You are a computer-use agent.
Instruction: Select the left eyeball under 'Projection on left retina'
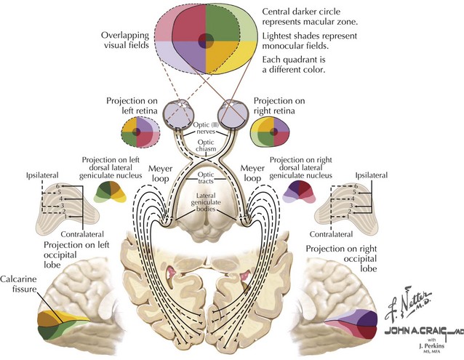(177, 113)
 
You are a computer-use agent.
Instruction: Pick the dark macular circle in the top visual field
(206, 39)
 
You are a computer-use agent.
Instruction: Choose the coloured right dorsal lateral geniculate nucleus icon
(300, 193)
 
